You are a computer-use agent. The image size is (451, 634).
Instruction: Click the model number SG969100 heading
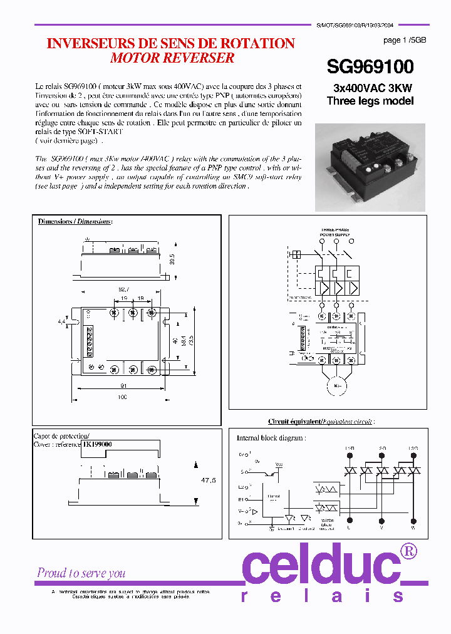tap(370, 67)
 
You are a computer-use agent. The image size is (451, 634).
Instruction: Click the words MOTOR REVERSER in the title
tap(172, 58)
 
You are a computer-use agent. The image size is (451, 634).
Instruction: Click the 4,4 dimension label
tap(61, 321)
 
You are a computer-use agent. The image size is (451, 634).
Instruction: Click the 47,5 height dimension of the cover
tap(207, 481)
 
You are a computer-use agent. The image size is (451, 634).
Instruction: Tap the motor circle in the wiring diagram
tap(336, 385)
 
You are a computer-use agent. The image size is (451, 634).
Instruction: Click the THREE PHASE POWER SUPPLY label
tap(336, 232)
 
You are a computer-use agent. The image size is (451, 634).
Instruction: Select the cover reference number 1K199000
tap(97, 444)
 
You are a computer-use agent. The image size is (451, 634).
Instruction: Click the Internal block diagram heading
tap(271, 439)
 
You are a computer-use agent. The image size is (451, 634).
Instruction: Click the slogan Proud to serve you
tap(81, 573)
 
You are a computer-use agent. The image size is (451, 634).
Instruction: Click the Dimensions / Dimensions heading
tap(75, 222)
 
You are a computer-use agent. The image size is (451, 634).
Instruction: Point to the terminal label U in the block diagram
tap(349, 528)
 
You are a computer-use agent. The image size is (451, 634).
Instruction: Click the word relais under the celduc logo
tap(322, 596)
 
